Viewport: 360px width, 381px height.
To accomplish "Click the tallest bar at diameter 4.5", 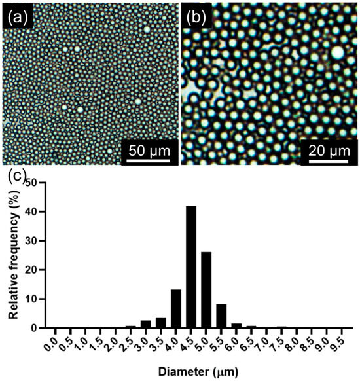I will click(191, 266).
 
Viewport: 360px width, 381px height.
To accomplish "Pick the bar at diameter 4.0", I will click(175, 308).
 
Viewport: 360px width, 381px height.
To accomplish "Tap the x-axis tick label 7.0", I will click(266, 342).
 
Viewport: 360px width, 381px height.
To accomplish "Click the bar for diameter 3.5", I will click(160, 322).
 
